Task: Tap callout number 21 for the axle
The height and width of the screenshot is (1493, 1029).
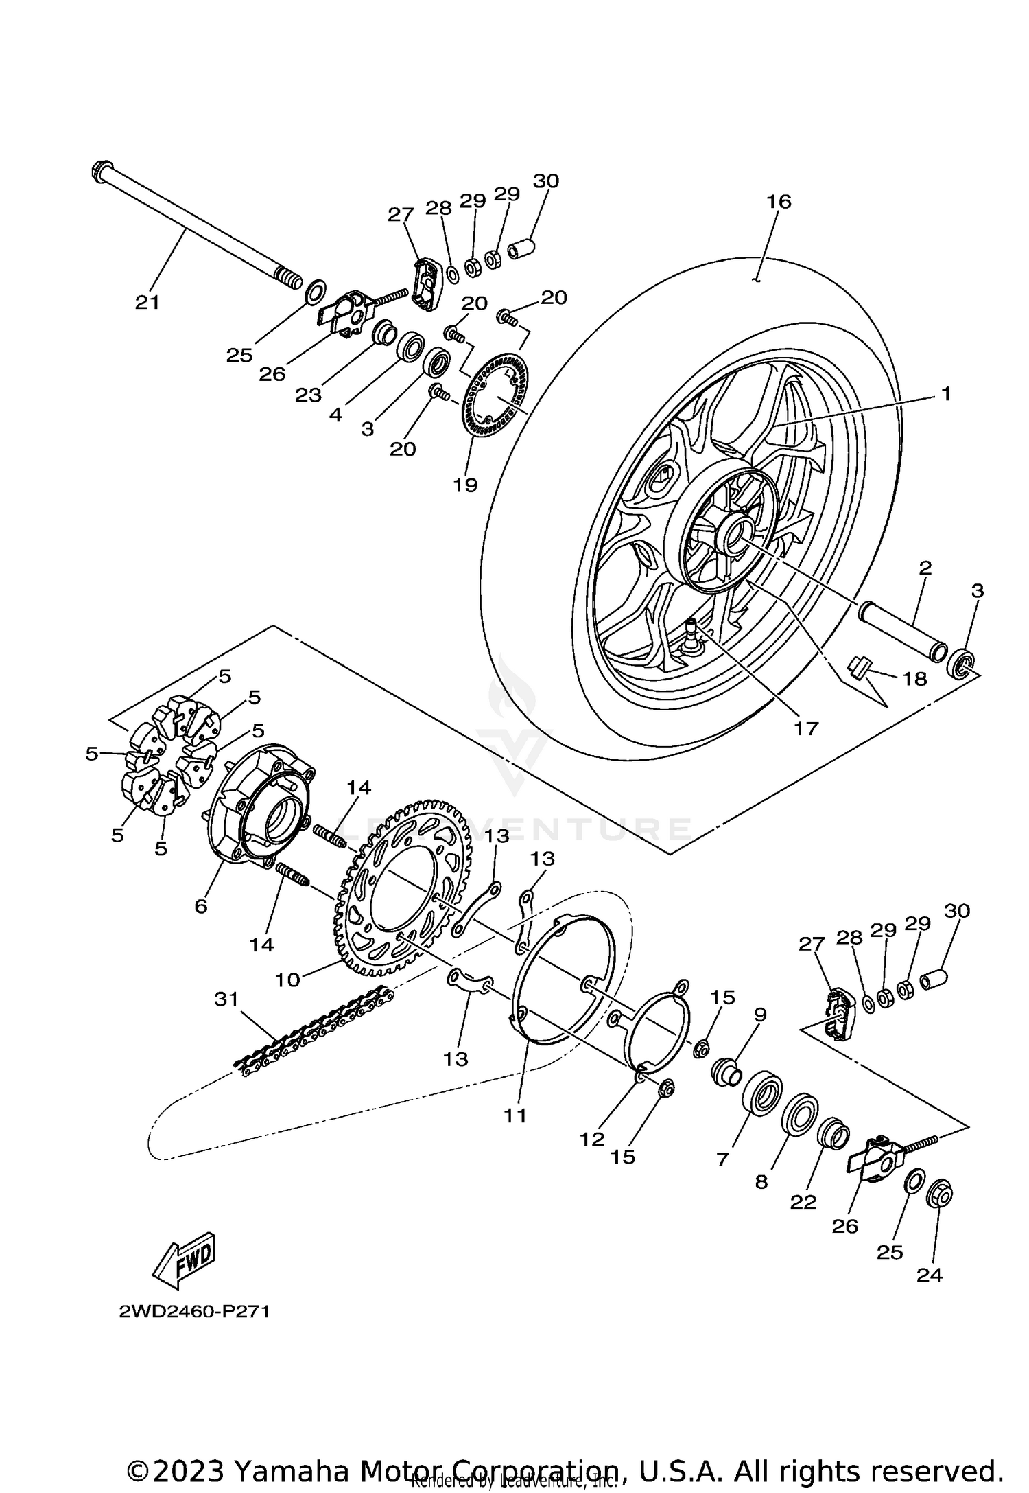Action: [147, 302]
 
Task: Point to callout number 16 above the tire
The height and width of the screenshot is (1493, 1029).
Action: [779, 202]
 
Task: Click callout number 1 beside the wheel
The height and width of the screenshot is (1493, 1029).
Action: [945, 394]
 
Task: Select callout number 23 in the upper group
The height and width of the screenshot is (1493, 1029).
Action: [308, 395]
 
